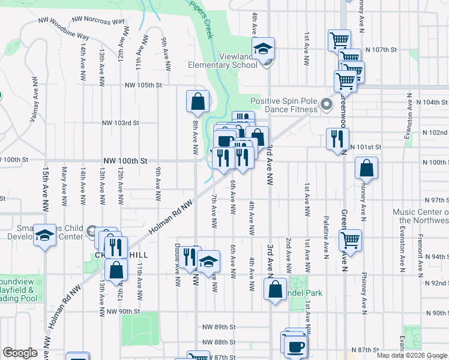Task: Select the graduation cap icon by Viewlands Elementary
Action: tap(262, 49)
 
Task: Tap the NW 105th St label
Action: tap(143, 85)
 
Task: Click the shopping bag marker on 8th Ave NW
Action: tap(197, 103)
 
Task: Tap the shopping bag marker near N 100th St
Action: tap(366, 170)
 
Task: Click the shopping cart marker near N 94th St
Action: tap(350, 241)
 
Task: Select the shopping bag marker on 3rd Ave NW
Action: tap(275, 289)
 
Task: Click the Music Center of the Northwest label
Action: tap(421, 216)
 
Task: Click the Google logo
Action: tap(20, 353)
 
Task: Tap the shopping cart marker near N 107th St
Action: tap(339, 41)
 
